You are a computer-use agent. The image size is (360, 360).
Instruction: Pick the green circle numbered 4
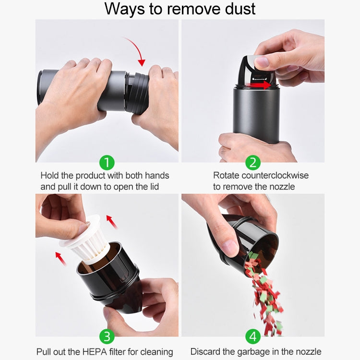pyautogui.click(x=253, y=336)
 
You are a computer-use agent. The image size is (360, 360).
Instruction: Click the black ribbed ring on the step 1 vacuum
pyautogui.click(x=138, y=93)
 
